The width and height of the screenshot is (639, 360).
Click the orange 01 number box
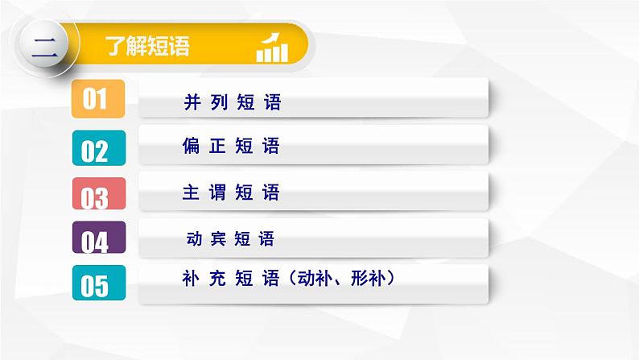[x=97, y=99]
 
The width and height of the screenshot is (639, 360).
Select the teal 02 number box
[x=97, y=148]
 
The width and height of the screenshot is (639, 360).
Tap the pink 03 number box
[x=97, y=194]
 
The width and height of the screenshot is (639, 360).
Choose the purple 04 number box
[x=97, y=239]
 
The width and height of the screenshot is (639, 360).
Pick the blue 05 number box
[x=97, y=284]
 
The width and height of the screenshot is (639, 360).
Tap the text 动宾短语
[x=230, y=238]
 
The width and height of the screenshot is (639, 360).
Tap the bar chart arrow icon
[x=272, y=48]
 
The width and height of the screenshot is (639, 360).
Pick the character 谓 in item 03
[x=218, y=193]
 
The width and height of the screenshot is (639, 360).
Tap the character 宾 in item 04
[x=216, y=238]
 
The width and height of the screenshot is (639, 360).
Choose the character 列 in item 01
[x=218, y=102]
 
